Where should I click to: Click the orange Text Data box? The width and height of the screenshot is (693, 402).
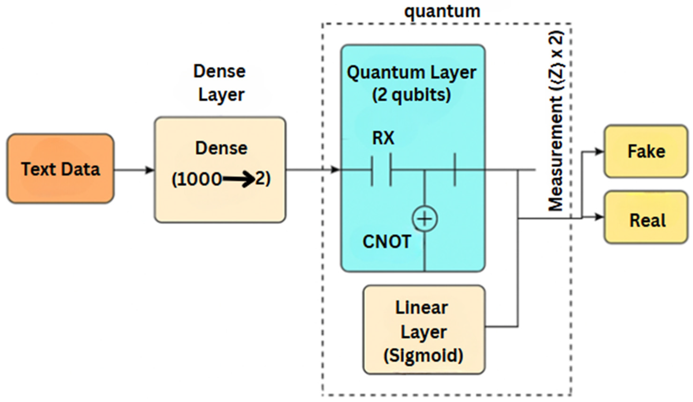[61, 169]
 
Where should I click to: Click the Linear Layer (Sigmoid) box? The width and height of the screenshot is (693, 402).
[424, 330]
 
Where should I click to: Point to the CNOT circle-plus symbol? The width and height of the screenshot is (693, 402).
[425, 219]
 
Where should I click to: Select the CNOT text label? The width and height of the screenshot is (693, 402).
[387, 242]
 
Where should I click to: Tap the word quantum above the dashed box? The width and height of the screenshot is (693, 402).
[442, 12]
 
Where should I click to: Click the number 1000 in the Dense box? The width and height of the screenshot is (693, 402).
[197, 179]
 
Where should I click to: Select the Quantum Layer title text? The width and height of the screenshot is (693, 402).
[412, 73]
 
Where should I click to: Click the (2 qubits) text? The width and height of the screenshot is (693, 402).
[412, 95]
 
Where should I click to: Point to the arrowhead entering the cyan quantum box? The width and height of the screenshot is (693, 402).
[335, 169]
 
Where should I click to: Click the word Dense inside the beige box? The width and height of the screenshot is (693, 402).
[221, 148]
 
